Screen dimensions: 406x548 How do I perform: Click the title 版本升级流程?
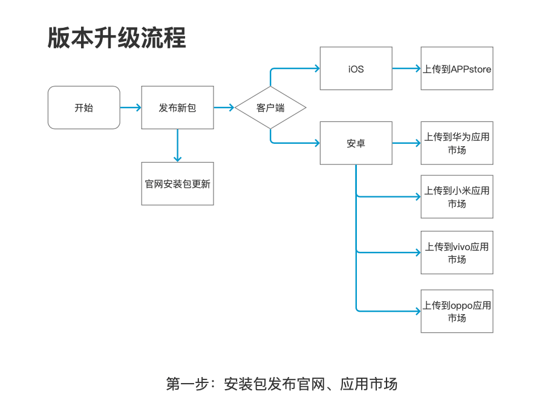(x=116, y=38)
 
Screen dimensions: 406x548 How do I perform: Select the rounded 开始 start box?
(x=83, y=108)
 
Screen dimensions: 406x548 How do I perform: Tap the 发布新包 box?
(x=177, y=108)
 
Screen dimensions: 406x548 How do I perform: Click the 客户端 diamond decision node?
(x=270, y=108)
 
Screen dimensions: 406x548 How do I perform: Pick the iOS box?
(x=356, y=69)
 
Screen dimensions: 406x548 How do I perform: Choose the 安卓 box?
(x=356, y=143)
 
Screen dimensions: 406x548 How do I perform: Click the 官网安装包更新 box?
(x=177, y=184)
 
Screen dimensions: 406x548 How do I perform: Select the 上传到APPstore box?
(x=457, y=69)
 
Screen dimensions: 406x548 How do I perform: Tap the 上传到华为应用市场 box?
(x=457, y=143)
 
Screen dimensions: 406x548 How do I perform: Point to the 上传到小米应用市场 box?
(x=457, y=197)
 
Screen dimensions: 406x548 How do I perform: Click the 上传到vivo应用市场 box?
(x=457, y=253)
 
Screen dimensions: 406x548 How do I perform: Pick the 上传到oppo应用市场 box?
(x=457, y=311)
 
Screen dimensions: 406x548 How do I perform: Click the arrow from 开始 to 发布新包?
(x=131, y=108)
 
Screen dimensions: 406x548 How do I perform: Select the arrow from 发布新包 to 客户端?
(x=224, y=108)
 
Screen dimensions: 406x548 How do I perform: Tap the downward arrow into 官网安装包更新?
(x=177, y=146)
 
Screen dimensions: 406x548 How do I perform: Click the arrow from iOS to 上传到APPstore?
(x=406, y=69)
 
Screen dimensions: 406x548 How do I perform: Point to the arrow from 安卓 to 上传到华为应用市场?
(x=406, y=143)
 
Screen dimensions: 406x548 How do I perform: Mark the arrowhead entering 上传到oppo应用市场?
(x=417, y=311)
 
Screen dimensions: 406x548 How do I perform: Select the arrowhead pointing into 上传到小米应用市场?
(x=417, y=196)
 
